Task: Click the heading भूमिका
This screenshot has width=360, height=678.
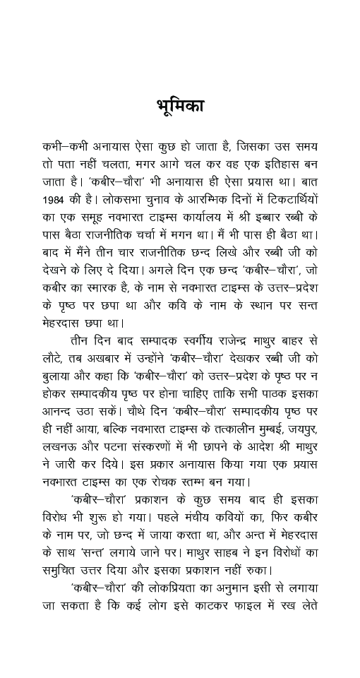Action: [180, 107]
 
